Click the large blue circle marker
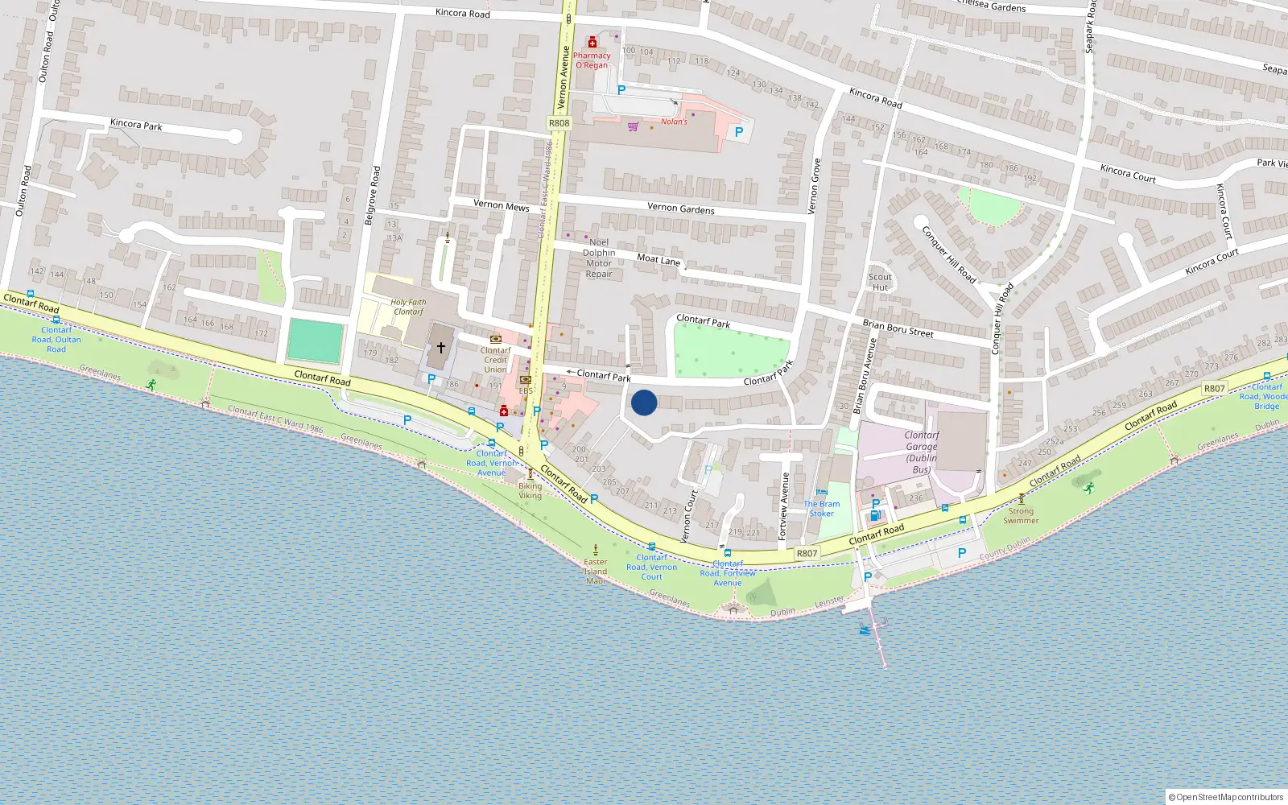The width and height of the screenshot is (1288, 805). pyautogui.click(x=644, y=402)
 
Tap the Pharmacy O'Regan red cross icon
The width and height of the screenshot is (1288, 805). pyautogui.click(x=592, y=42)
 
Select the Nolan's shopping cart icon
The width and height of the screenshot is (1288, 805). pyautogui.click(x=633, y=126)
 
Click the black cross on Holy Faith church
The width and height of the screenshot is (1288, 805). pyautogui.click(x=440, y=348)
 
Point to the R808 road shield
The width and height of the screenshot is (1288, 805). pyautogui.click(x=559, y=123)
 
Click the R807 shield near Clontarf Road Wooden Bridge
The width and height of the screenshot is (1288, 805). pyautogui.click(x=1214, y=389)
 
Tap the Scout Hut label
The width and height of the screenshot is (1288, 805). pyautogui.click(x=880, y=282)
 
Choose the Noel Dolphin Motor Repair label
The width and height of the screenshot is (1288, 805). pyautogui.click(x=599, y=258)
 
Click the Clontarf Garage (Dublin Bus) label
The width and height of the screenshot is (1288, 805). pyautogui.click(x=922, y=452)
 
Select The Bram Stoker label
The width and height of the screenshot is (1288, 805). pyautogui.click(x=821, y=509)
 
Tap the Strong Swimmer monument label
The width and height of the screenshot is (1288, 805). pyautogui.click(x=1021, y=515)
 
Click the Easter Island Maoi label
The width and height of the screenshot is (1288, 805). pyautogui.click(x=596, y=571)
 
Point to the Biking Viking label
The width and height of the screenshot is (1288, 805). pyautogui.click(x=530, y=490)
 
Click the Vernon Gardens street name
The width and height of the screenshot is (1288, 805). pyautogui.click(x=680, y=208)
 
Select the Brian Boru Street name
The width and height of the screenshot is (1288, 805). pyautogui.click(x=898, y=328)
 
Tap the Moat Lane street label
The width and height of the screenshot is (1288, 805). pyautogui.click(x=658, y=259)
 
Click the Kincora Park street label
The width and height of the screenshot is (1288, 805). pyautogui.click(x=136, y=125)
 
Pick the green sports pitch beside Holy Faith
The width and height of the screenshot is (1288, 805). pyautogui.click(x=315, y=341)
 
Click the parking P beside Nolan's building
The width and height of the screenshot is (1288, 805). pyautogui.click(x=739, y=132)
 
